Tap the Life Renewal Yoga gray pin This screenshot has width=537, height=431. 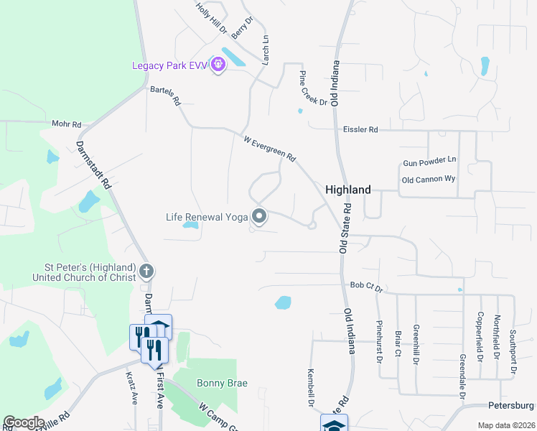pyautogui.click(x=259, y=215)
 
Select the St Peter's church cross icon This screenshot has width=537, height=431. pyautogui.click(x=146, y=272)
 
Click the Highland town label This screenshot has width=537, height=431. pyautogui.click(x=348, y=190)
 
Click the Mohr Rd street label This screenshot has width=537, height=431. pyautogui.click(x=67, y=124)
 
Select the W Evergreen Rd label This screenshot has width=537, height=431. pyautogui.click(x=270, y=149)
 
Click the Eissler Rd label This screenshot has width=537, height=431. pyautogui.click(x=360, y=129)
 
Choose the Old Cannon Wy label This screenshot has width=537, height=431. pyautogui.click(x=429, y=180)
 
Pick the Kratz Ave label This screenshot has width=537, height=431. pyautogui.click(x=131, y=388)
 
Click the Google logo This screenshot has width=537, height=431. pyautogui.click(x=24, y=422)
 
